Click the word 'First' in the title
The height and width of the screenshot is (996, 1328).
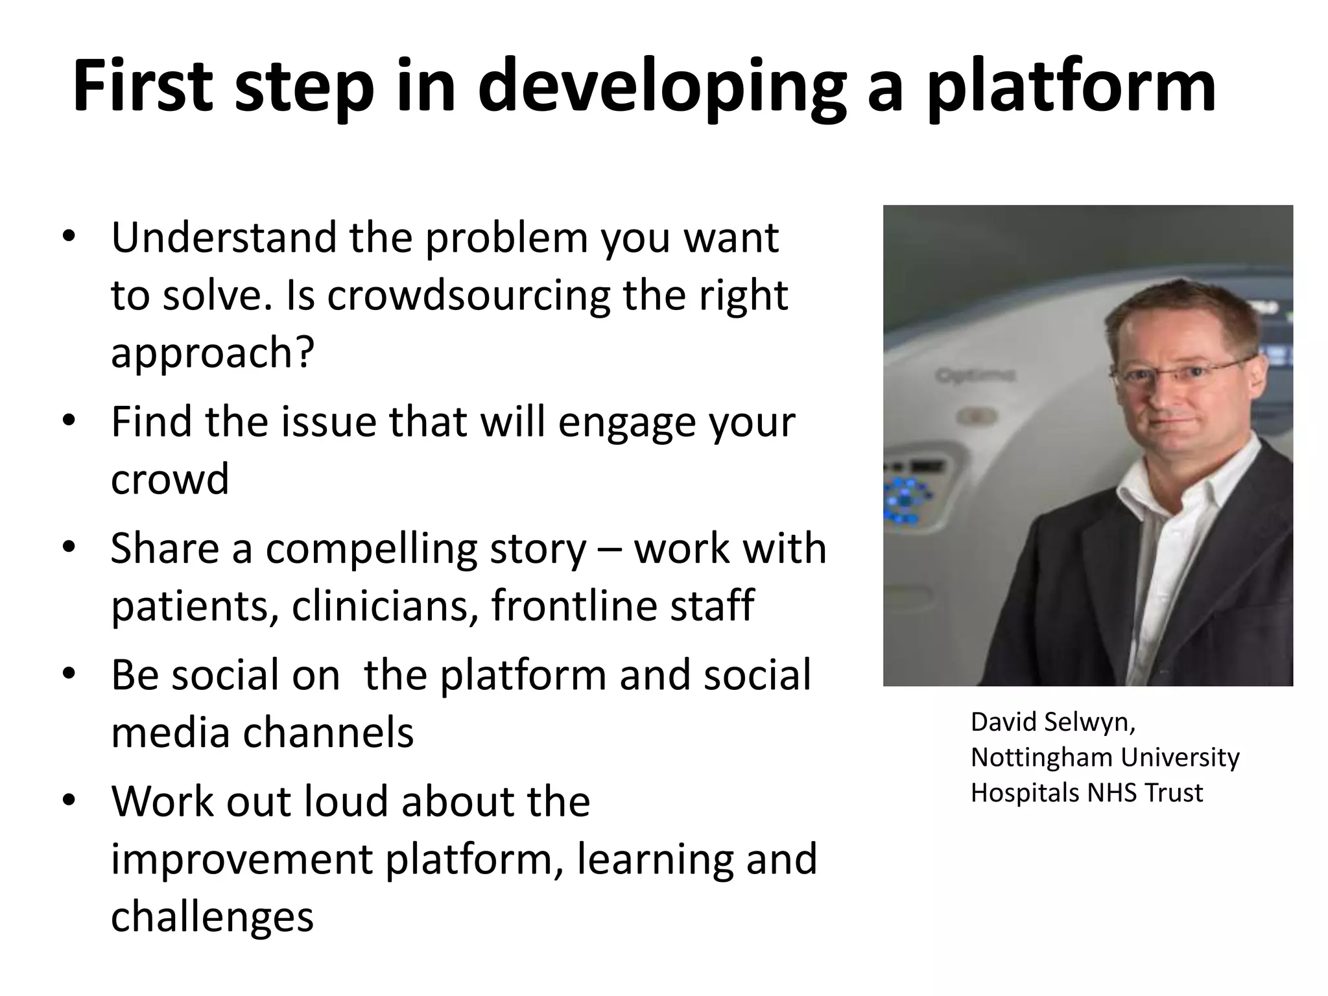[x=142, y=87]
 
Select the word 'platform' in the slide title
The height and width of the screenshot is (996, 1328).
[x=1070, y=87]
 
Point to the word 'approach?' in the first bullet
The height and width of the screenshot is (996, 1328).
[x=213, y=353]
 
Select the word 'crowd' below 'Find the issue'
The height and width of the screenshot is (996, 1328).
[x=170, y=479]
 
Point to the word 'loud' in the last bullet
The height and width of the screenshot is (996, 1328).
[x=346, y=801]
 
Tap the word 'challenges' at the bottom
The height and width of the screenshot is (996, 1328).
[x=212, y=917]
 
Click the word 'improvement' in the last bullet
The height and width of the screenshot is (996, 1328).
[x=241, y=859]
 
